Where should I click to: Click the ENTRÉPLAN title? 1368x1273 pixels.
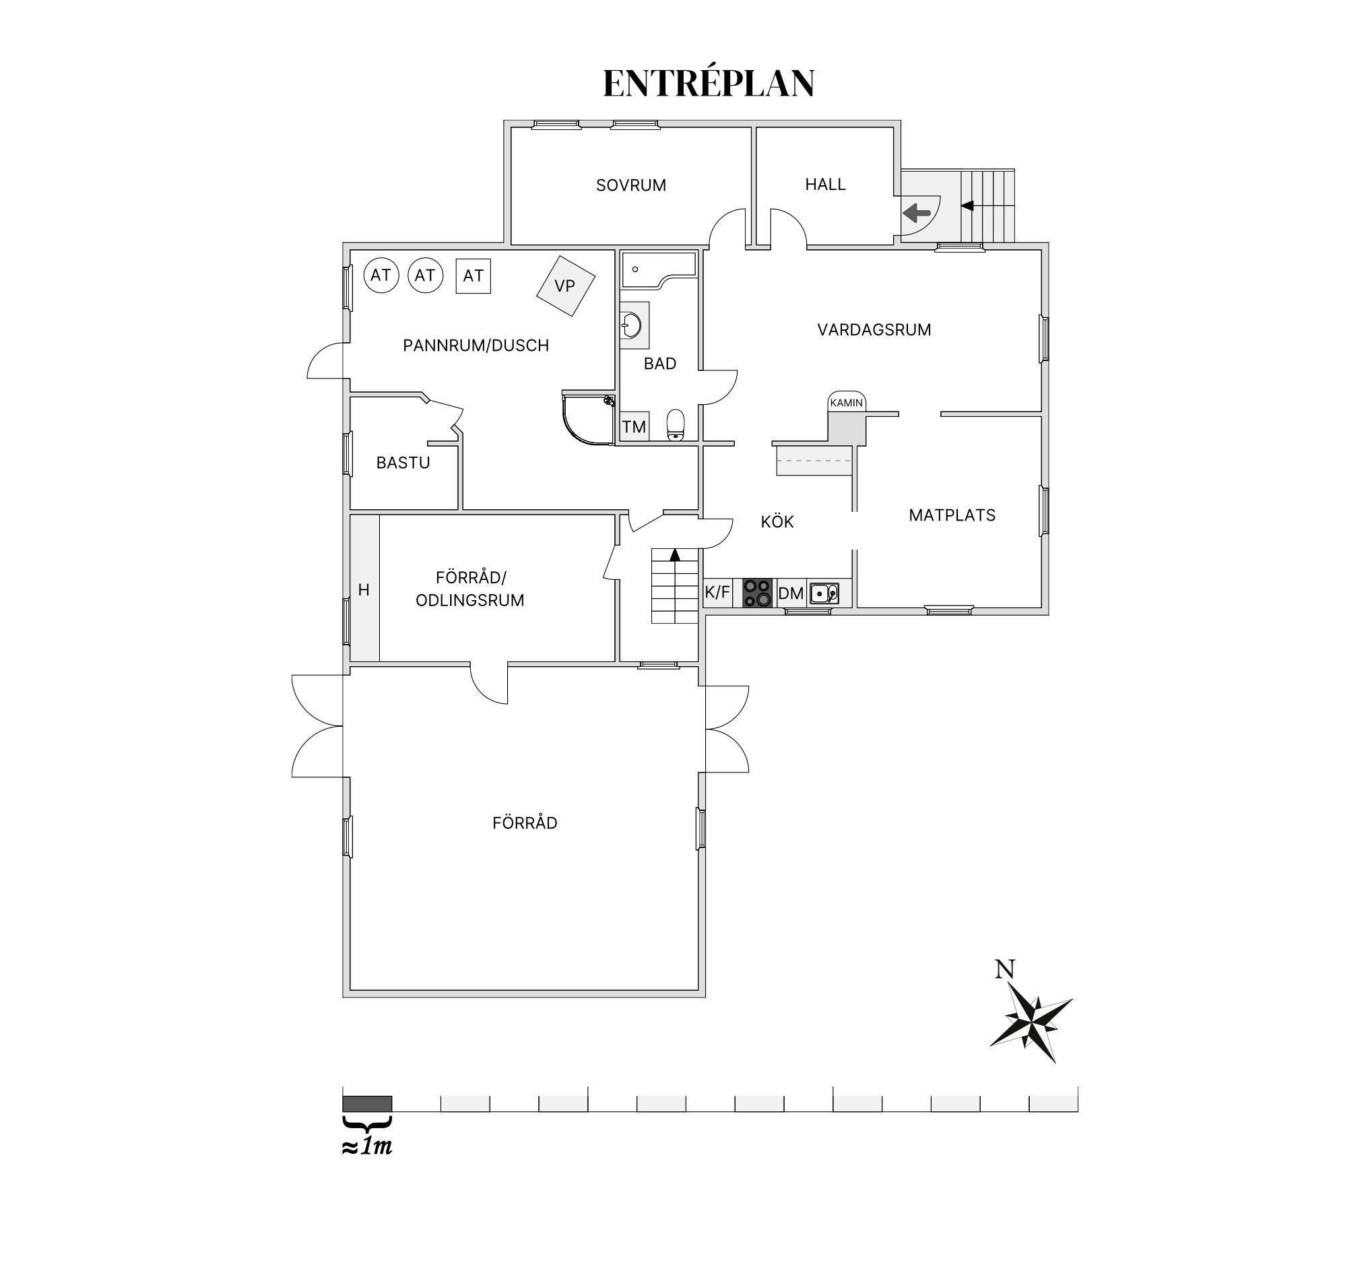tap(709, 84)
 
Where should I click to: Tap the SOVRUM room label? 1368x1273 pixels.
tap(631, 185)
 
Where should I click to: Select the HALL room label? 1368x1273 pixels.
tap(825, 185)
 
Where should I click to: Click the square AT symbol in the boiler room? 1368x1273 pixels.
tap(474, 276)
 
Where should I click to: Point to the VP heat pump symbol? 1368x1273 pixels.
tap(566, 286)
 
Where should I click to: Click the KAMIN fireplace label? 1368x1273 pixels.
tap(847, 403)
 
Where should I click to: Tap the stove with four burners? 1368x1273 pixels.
tap(758, 593)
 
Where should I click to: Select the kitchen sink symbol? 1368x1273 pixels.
tap(824, 593)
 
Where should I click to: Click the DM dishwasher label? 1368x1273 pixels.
tap(791, 593)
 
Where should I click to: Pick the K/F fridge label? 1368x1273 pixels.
tap(717, 592)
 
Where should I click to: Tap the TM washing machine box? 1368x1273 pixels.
tap(634, 426)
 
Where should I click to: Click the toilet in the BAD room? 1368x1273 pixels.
tap(676, 425)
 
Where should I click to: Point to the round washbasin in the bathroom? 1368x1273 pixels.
tap(631, 325)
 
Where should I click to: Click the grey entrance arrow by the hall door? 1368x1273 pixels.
tap(917, 214)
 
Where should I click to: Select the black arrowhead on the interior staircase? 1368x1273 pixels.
tap(675, 554)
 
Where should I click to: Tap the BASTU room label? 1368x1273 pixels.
tap(403, 463)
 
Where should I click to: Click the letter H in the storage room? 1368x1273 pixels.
tap(364, 590)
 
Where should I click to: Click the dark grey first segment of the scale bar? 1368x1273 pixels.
tap(368, 1104)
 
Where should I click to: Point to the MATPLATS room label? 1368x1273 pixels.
tap(952, 515)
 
